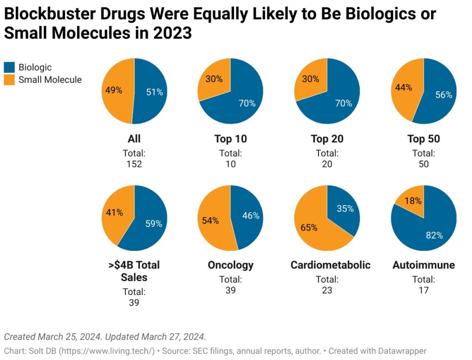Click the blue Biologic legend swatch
(x=9, y=68)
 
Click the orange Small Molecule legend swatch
(x=9, y=80)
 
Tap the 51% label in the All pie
(x=154, y=92)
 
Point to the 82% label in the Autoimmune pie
(x=434, y=235)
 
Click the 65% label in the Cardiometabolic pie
(x=309, y=227)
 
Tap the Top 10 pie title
(x=230, y=139)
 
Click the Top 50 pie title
(x=424, y=139)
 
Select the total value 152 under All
(x=134, y=164)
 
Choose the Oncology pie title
(x=230, y=265)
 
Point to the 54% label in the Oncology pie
(x=210, y=220)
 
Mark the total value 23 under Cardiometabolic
(x=327, y=290)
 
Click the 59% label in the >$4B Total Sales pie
(x=153, y=224)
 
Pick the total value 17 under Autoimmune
(x=424, y=290)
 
